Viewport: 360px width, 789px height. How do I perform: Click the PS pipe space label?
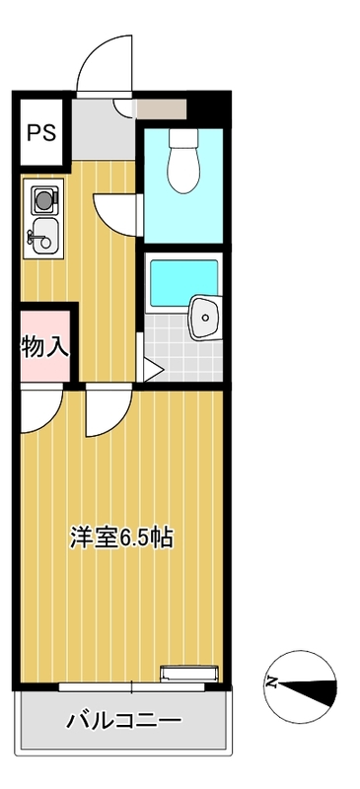click(41, 132)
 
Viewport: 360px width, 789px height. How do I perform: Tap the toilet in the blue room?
click(184, 160)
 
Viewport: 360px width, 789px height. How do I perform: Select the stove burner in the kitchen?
click(44, 200)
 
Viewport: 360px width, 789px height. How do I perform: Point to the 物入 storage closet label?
click(45, 346)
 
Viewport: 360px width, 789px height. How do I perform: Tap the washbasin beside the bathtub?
click(204, 318)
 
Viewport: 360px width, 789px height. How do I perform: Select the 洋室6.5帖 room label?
click(122, 538)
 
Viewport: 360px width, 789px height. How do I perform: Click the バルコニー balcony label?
click(124, 722)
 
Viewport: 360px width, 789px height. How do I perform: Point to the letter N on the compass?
click(272, 682)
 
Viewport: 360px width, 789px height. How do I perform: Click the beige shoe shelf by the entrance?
click(162, 109)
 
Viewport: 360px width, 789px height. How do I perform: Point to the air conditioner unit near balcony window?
click(189, 674)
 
